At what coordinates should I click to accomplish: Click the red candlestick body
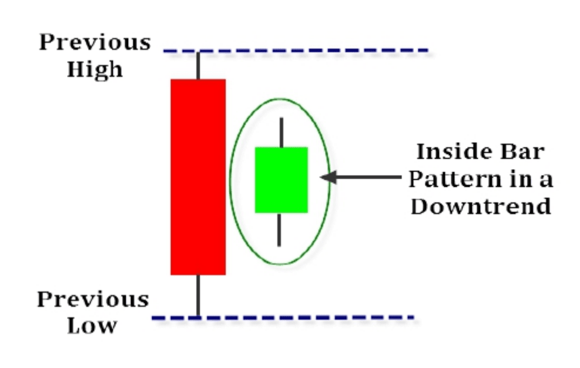click(198, 176)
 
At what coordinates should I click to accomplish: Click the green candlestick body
click(281, 179)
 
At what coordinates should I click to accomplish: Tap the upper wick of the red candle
click(198, 65)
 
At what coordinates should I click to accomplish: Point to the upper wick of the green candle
click(281, 132)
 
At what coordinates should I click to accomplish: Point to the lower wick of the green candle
click(279, 229)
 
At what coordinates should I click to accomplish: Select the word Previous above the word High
click(95, 42)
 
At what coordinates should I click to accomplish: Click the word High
click(95, 69)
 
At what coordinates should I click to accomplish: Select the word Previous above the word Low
click(93, 299)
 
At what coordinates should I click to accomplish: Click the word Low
click(92, 325)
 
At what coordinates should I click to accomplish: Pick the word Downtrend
click(481, 206)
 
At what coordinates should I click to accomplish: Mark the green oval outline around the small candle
click(230, 179)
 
